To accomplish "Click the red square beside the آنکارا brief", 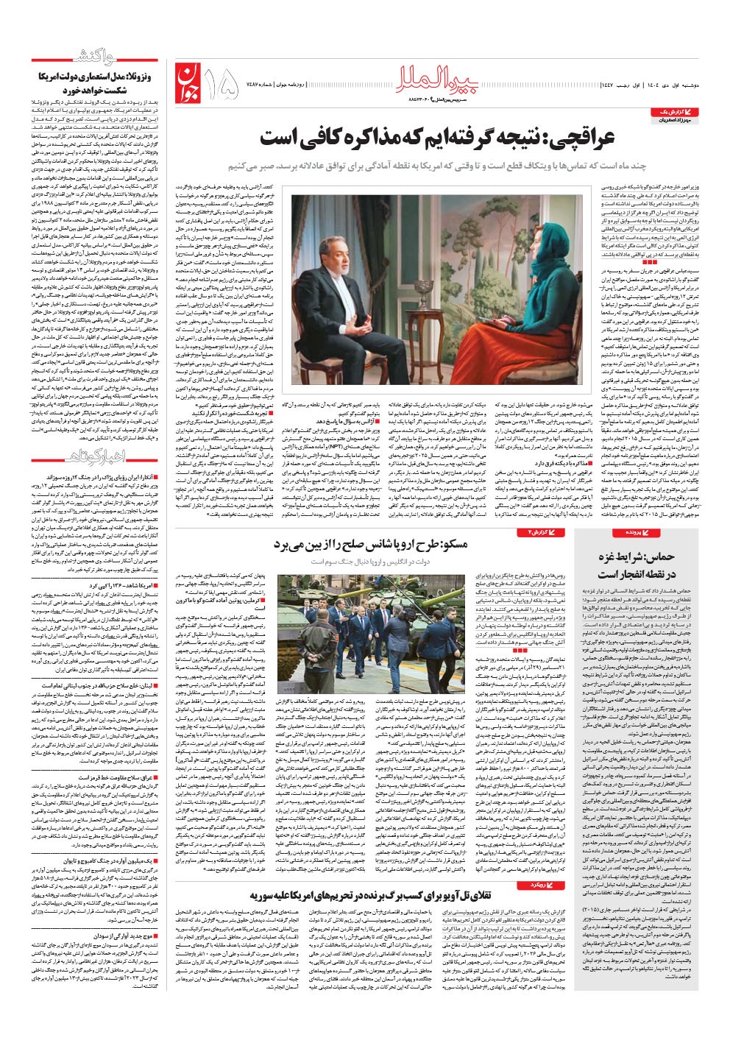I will (x=155, y=478).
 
